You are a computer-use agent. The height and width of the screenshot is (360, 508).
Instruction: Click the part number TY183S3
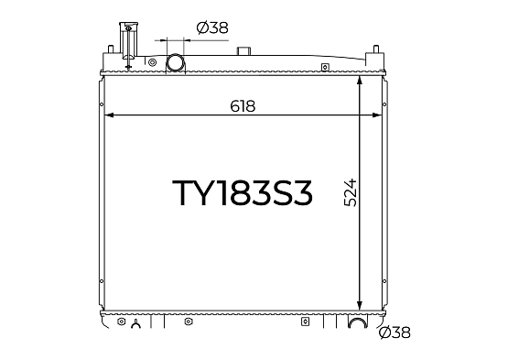pos(243,193)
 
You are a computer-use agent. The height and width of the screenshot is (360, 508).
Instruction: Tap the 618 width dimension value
pos(243,106)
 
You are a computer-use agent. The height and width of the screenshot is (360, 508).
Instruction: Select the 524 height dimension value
pos(351,192)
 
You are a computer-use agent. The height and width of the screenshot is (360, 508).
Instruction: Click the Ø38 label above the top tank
pos(212,27)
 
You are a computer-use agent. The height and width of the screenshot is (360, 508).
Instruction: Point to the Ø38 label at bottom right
pos(395,333)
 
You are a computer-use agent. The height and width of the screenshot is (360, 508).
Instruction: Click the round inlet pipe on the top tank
pos(175,62)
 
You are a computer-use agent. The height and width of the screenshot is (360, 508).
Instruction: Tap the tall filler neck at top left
pos(129,41)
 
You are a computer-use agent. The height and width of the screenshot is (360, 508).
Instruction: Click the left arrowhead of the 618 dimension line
pos(109,115)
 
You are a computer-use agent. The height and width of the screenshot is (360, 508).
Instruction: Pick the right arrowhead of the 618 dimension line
pos(377,115)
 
